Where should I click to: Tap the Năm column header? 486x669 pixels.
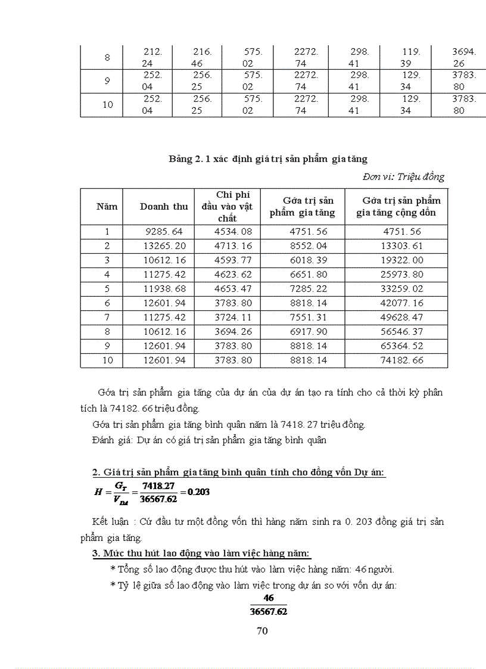(107, 207)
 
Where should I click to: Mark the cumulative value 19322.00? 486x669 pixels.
(399, 260)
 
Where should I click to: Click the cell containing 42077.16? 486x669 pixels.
(399, 303)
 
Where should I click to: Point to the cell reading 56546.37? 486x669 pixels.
(399, 332)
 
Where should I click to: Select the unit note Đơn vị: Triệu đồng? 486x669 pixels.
(403, 177)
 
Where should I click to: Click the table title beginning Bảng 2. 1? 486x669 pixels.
(268, 159)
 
